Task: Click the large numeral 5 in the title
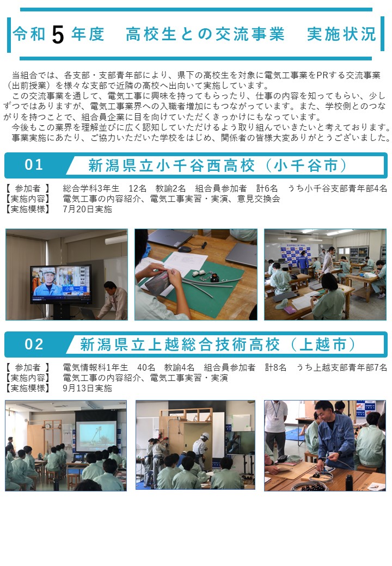[58, 35]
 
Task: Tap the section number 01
[34, 164]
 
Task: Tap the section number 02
[34, 344]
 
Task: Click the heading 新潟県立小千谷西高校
[172, 165]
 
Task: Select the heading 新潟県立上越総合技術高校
[180, 344]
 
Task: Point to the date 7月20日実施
[87, 209]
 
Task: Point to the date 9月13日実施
[87, 388]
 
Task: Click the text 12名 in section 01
[138, 188]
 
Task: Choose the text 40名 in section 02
[146, 367]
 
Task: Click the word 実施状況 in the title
[341, 34]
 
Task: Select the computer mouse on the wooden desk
[185, 249]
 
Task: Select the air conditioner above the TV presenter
[116, 240]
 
